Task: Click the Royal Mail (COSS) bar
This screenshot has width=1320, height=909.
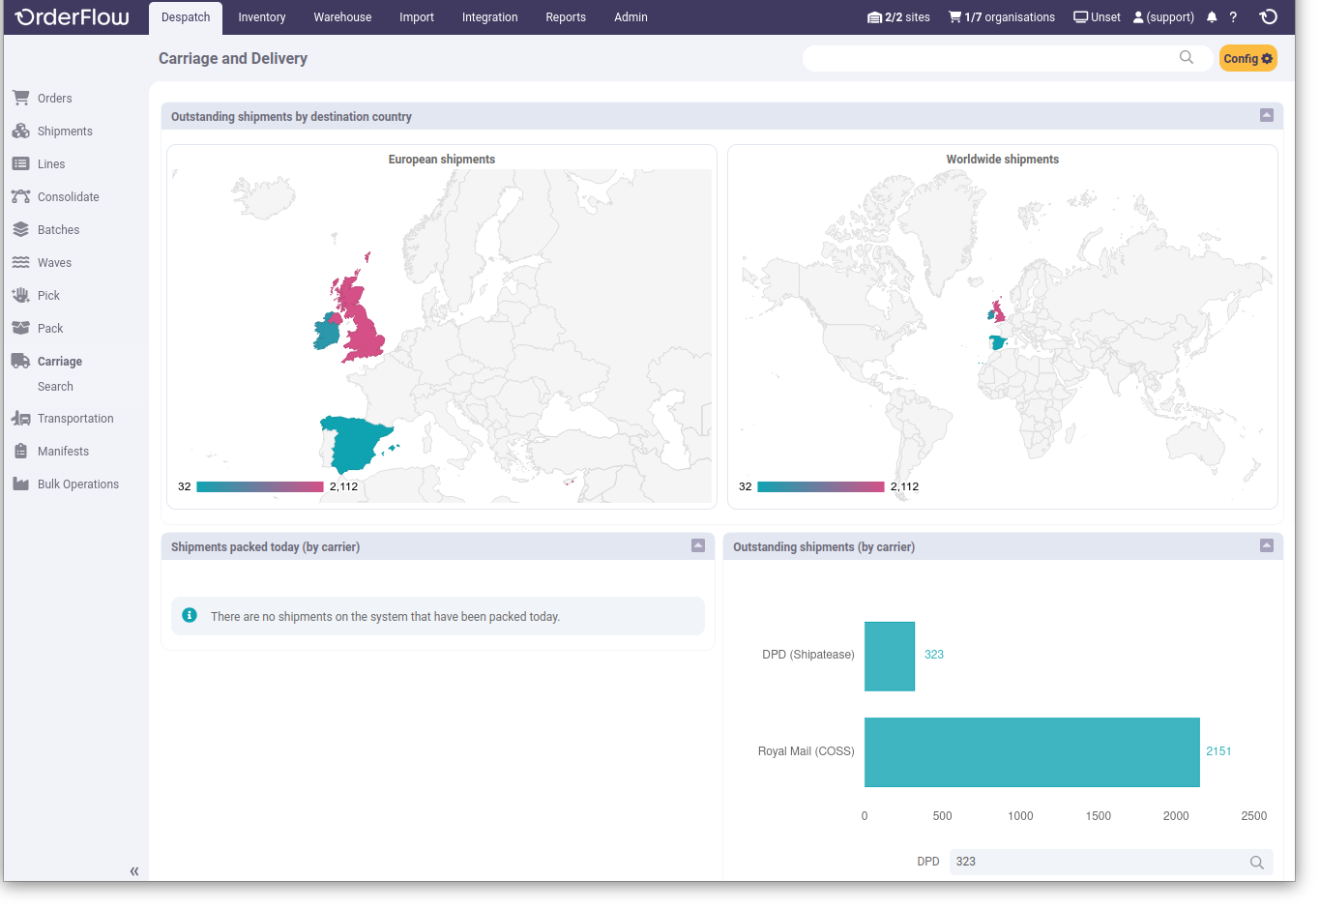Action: [x=1032, y=751]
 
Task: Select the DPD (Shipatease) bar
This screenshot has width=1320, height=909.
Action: [x=889, y=656]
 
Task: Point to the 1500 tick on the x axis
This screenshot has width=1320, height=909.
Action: [x=1098, y=816]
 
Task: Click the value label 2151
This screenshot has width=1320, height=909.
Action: [x=1218, y=751]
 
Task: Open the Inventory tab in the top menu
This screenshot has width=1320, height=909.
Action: [x=262, y=17]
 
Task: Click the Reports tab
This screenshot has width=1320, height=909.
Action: [x=566, y=17]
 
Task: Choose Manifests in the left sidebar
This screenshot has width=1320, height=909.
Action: [x=63, y=452]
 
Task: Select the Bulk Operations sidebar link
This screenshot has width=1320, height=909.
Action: [x=77, y=484]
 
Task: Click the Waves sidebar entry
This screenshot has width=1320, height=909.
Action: [x=54, y=263]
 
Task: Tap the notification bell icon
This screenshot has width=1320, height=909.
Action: [x=1212, y=17]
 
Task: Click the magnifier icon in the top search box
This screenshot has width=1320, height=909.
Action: [x=1187, y=58]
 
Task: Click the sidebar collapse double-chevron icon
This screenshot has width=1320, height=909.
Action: [x=134, y=871]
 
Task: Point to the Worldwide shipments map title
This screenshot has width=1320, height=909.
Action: [x=1002, y=160]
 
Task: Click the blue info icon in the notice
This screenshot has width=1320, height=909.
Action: [x=190, y=615]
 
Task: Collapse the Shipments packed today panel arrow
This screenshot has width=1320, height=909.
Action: [x=698, y=545]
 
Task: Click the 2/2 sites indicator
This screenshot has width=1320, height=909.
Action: [x=898, y=17]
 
